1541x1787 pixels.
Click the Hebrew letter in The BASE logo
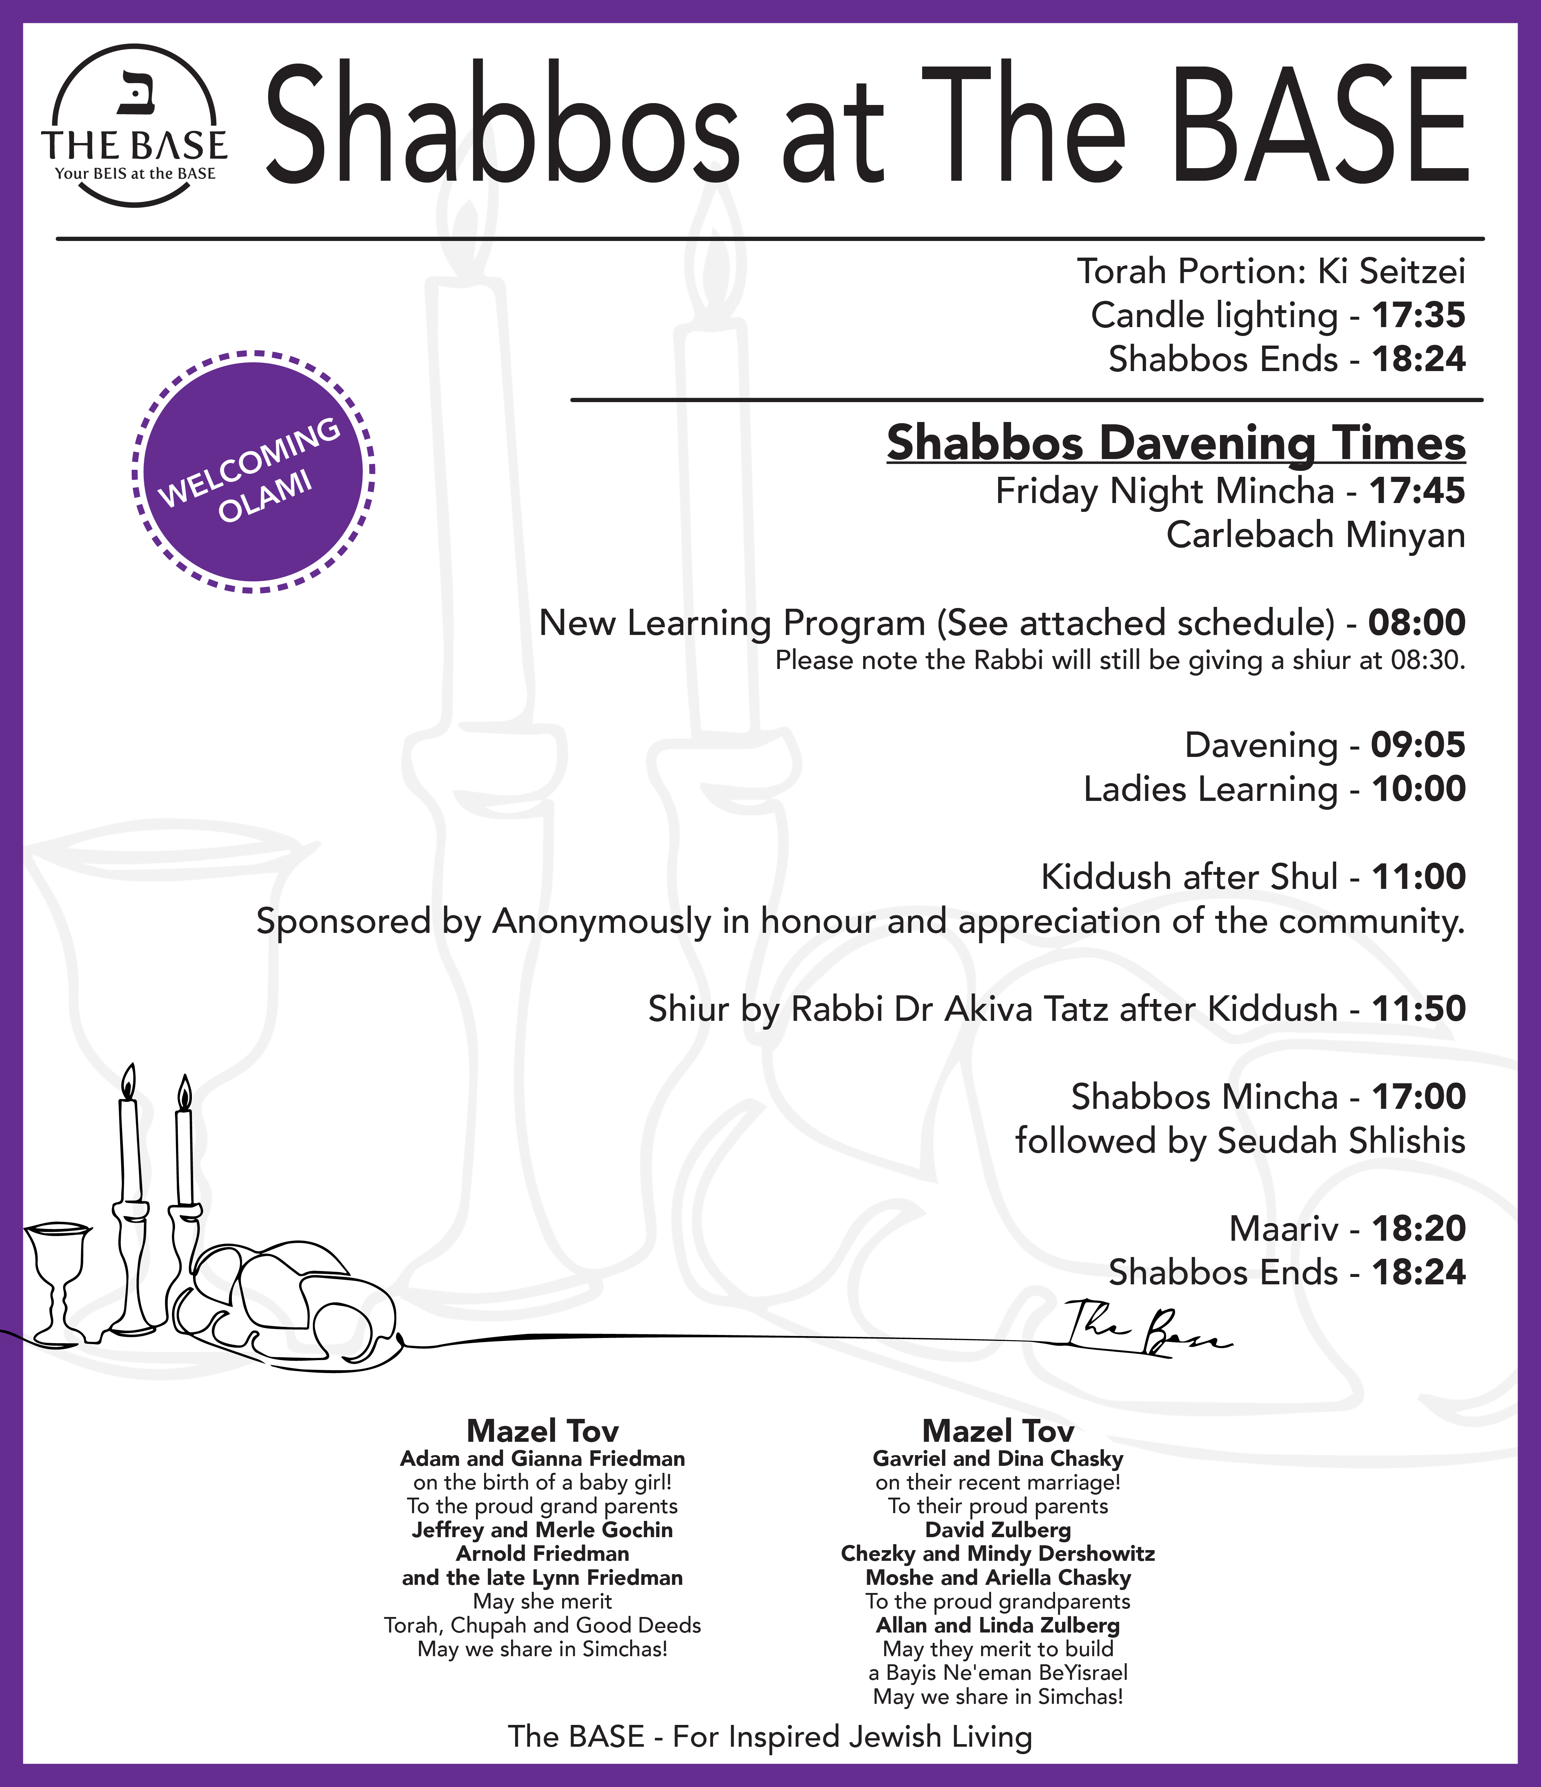coord(134,93)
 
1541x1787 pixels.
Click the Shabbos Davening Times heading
coord(1175,443)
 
